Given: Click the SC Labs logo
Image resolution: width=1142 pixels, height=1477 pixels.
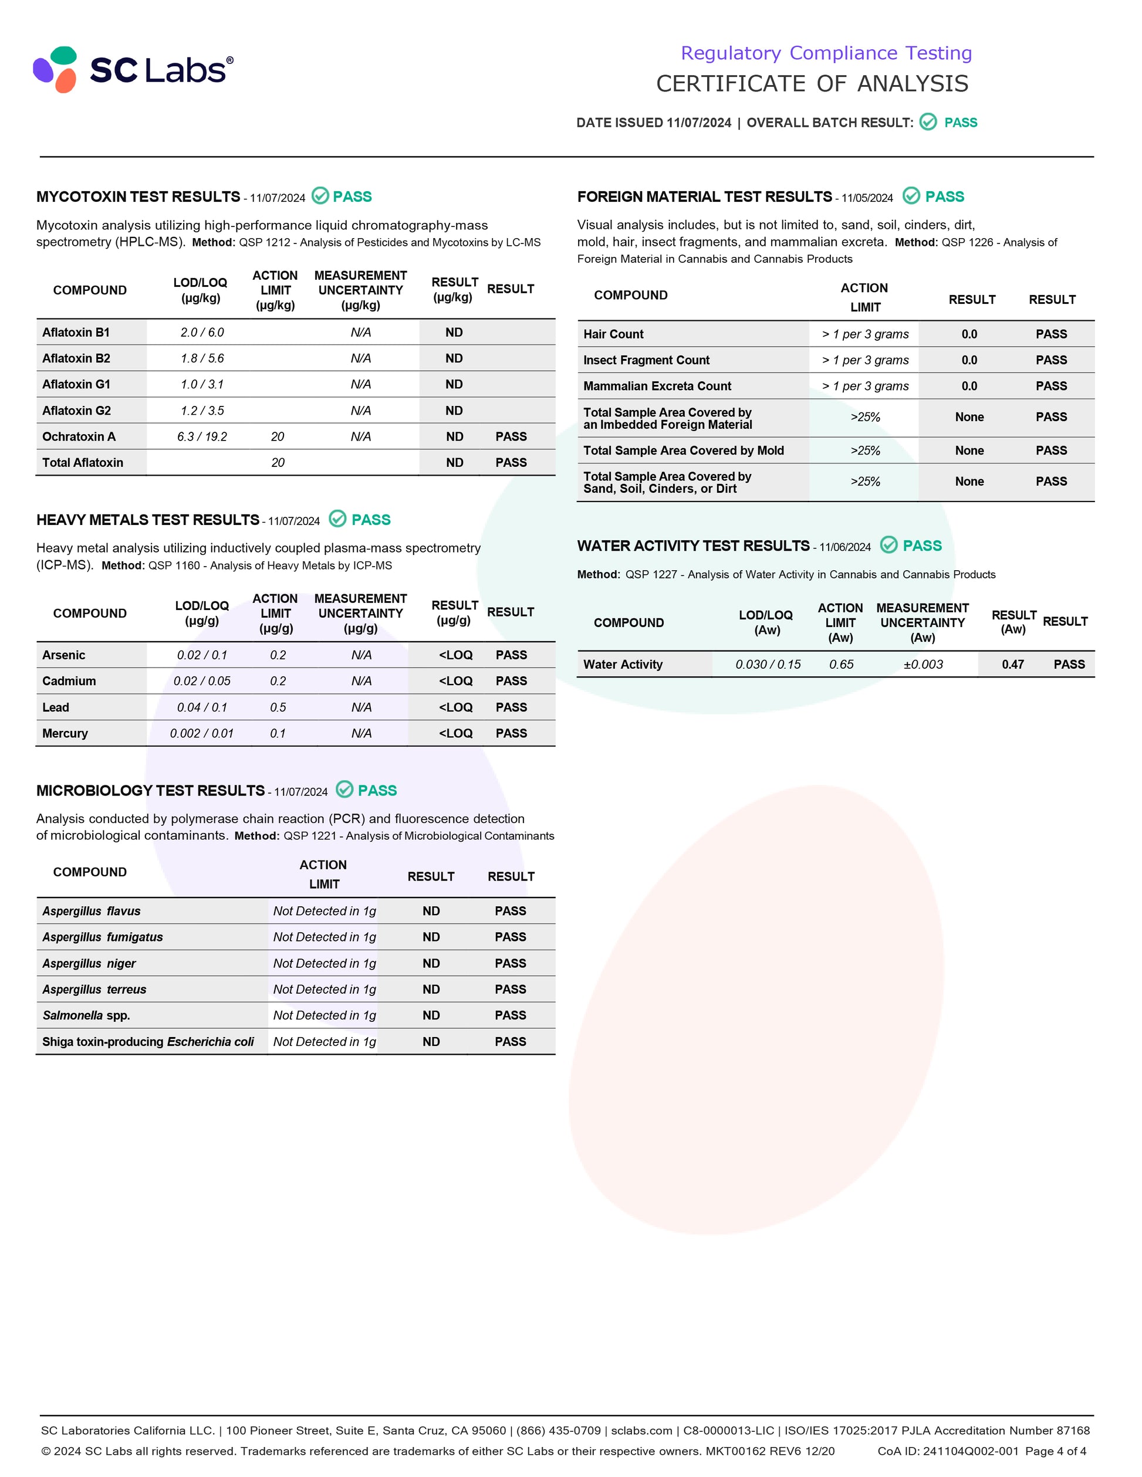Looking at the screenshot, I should [133, 70].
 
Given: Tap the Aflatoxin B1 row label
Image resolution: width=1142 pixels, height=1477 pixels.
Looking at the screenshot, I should [76, 332].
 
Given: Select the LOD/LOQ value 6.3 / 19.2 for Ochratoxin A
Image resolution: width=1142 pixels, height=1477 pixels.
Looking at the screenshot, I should [202, 437].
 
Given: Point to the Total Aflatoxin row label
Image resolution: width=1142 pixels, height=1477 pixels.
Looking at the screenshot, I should [83, 463].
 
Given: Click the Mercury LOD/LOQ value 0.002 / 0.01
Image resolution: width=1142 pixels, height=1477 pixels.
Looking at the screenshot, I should [202, 733].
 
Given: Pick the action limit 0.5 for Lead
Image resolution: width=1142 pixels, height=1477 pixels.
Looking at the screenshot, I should [278, 707].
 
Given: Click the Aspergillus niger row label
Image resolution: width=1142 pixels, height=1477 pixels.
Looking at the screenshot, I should [89, 963].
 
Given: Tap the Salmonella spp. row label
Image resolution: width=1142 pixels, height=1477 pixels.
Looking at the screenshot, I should [86, 1015].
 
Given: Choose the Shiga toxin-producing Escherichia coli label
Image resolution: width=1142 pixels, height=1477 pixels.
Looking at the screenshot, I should [148, 1042].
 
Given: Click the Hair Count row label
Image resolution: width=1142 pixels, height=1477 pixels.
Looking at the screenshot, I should [613, 334].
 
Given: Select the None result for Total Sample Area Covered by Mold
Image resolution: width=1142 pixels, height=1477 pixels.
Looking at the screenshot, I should [969, 450].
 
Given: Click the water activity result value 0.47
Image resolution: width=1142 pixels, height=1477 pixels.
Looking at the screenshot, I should [1012, 664].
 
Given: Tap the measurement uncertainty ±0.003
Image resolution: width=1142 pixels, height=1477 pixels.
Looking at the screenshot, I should [923, 664].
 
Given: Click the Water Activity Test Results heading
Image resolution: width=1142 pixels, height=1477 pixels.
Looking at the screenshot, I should [693, 546].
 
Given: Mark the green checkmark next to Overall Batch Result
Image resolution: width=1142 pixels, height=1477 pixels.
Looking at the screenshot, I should [928, 122].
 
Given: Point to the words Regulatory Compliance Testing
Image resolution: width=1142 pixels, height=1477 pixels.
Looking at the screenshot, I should [826, 53].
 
